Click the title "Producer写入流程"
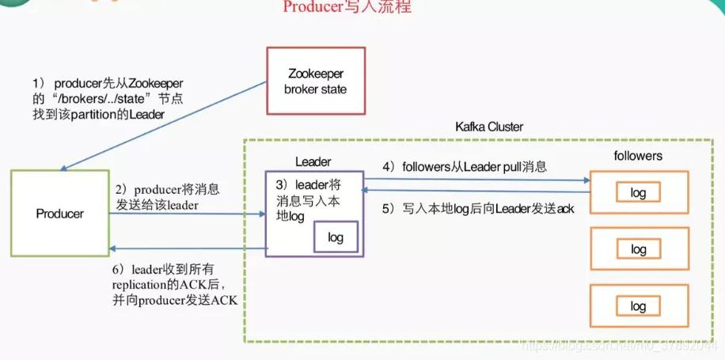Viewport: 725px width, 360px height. coord(347,8)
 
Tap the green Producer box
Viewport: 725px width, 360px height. coord(60,214)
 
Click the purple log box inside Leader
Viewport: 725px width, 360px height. coord(336,237)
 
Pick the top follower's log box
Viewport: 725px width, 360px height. coord(638,193)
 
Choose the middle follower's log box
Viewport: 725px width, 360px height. coord(638,250)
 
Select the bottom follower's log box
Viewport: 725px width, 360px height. coord(638,307)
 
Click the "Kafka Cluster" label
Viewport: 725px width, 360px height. coord(489,127)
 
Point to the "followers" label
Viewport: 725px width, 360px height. coord(637,157)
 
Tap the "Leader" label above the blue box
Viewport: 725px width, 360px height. coord(313,161)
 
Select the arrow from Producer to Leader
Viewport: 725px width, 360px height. coord(190,214)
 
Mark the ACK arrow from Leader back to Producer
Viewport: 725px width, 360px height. coord(190,249)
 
